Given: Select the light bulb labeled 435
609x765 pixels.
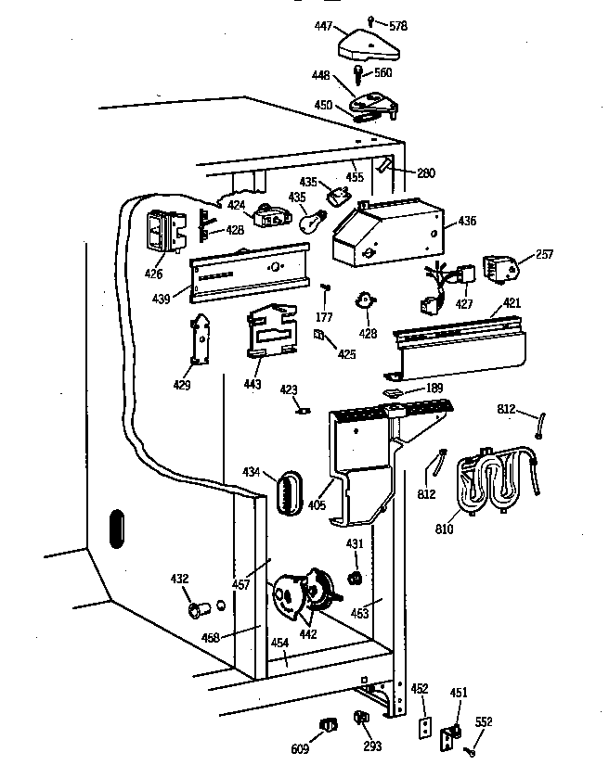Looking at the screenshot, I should click(315, 221).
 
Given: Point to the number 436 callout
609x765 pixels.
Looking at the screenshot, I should click(467, 221).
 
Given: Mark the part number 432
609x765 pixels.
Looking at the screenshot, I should click(179, 580).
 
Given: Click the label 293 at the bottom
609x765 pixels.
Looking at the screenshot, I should click(373, 746).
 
